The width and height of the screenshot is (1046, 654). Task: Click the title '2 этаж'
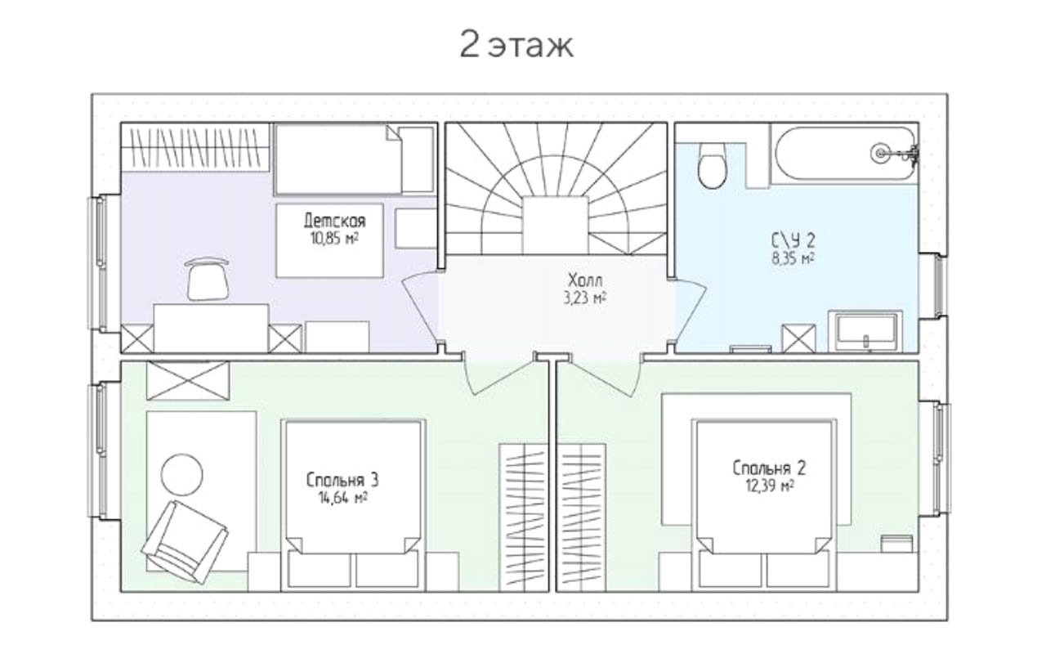point(516,45)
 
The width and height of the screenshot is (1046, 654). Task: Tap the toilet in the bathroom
point(712,165)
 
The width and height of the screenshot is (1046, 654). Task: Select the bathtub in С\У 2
point(845,153)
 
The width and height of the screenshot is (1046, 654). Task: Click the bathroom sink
point(866,332)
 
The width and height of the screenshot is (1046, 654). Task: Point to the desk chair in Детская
point(208,279)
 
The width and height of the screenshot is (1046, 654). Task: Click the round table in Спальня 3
point(181,475)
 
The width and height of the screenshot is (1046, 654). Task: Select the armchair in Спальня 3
point(185,542)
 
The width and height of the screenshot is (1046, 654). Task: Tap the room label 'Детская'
point(335,221)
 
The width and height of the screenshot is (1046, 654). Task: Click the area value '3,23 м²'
point(584,298)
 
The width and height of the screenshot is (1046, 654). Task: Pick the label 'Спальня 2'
point(769,468)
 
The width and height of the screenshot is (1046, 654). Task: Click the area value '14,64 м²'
point(343,498)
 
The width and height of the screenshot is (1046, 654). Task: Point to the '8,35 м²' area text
point(793,258)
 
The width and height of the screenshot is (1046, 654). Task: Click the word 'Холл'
point(585,280)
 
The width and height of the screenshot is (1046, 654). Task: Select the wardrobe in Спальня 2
point(583,517)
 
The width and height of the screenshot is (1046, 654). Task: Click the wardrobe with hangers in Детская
point(195,148)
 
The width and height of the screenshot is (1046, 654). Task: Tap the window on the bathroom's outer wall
point(939,286)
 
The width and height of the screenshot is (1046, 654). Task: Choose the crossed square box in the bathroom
point(798,338)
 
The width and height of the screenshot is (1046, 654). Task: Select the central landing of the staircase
point(555,225)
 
